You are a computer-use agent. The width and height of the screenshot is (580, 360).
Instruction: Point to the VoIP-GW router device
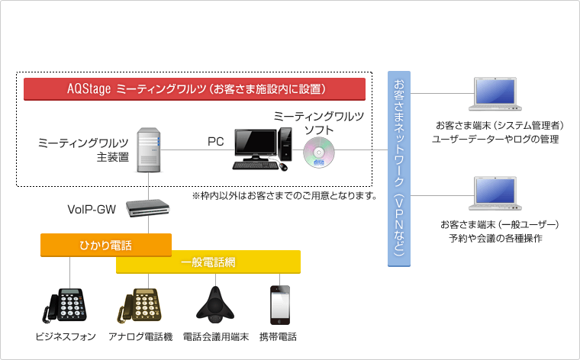(x=147, y=208)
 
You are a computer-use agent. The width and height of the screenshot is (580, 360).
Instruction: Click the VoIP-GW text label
(x=92, y=208)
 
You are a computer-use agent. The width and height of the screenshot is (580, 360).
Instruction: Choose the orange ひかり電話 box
(x=105, y=245)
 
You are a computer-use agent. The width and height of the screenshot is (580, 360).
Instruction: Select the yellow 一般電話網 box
(x=208, y=263)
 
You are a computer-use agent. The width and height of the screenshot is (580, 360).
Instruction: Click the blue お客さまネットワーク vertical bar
(x=398, y=168)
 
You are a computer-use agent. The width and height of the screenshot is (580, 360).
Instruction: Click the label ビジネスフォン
(x=66, y=336)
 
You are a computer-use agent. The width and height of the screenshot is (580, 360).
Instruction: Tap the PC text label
(x=215, y=142)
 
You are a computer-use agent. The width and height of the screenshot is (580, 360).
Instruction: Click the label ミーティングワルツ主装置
(x=83, y=149)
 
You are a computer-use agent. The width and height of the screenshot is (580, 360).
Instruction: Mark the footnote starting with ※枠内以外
(x=285, y=196)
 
